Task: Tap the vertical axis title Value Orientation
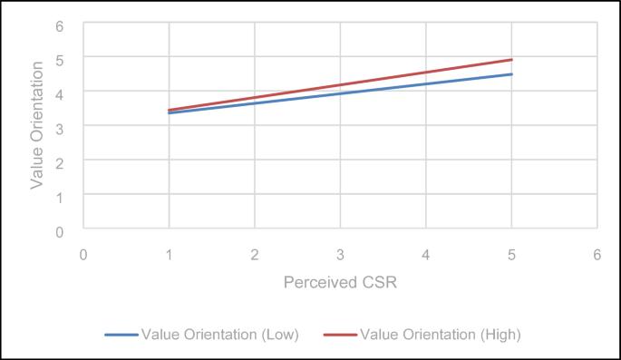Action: (x=37, y=125)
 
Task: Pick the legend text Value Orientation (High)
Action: (x=441, y=334)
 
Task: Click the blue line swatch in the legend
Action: (x=121, y=335)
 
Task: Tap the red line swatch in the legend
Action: (x=341, y=335)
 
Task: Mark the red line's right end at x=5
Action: (x=512, y=60)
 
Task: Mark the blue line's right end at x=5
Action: (x=512, y=74)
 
